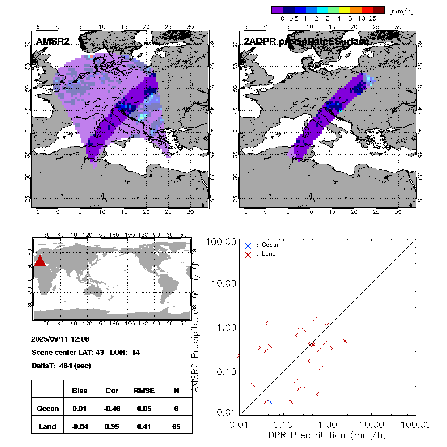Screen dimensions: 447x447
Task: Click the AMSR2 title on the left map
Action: (x=52, y=42)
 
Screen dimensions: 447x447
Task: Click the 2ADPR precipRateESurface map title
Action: (x=306, y=42)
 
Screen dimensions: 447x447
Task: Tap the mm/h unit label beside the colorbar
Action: (x=401, y=10)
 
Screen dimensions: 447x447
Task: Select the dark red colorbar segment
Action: (x=378, y=10)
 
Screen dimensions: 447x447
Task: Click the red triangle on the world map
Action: (x=40, y=261)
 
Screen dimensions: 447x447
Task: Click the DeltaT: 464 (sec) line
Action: (x=61, y=366)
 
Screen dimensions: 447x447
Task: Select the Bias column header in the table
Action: (x=80, y=391)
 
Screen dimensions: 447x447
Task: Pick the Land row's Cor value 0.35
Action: (x=112, y=426)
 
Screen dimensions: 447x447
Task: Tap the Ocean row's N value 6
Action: (x=176, y=409)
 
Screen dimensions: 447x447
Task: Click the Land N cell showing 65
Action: (x=176, y=426)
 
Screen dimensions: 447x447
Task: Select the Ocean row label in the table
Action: (x=47, y=409)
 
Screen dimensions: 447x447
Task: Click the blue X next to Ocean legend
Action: (x=248, y=245)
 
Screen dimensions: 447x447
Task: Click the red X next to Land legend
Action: (x=248, y=254)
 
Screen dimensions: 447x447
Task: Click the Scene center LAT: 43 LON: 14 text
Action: (x=86, y=352)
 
